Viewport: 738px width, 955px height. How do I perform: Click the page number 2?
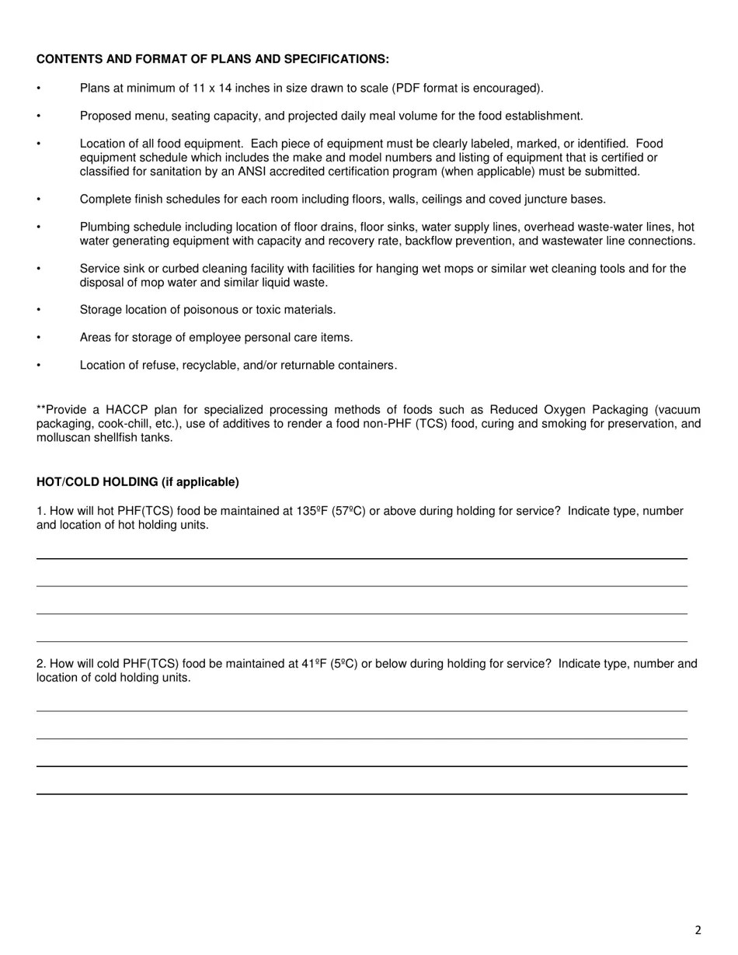698,930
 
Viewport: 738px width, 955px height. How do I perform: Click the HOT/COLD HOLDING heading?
138,482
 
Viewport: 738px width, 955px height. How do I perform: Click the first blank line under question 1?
361,558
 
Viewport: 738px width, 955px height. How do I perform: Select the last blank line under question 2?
361,794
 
